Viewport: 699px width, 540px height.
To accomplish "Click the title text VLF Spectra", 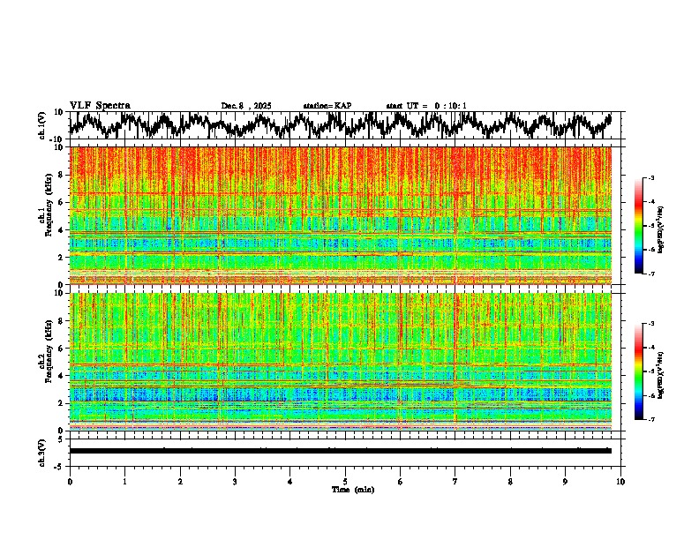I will tap(100, 105).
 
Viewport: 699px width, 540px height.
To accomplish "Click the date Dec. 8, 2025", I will tap(246, 106).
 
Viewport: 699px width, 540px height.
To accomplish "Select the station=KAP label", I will tap(327, 106).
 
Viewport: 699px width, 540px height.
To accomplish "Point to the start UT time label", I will tap(426, 106).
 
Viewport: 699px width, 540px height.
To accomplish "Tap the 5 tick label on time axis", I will tap(345, 481).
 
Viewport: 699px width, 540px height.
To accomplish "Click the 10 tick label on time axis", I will tap(620, 481).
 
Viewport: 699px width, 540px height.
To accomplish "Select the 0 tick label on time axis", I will tap(70, 481).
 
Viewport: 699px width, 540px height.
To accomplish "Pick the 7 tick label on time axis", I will tap(455, 481).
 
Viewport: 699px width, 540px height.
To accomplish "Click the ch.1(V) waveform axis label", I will tap(42, 124).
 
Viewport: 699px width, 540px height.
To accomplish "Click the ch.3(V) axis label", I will tap(42, 450).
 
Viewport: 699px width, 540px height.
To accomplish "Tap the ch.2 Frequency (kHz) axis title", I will tap(44, 360).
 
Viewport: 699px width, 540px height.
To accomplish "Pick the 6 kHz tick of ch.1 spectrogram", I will tap(61, 202).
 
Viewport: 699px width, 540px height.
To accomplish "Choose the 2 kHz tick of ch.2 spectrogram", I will tap(61, 403).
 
